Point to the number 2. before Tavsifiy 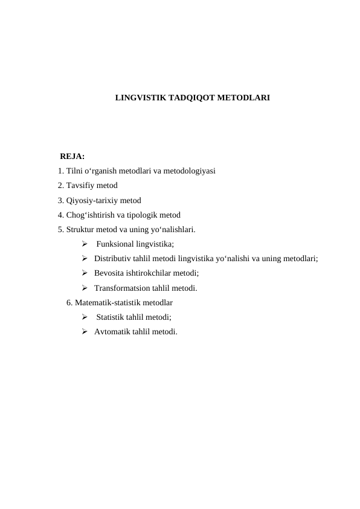click(61, 186)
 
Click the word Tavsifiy click(80, 186)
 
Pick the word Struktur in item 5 click(81, 229)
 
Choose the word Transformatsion click(123, 288)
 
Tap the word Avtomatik click(112, 331)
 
